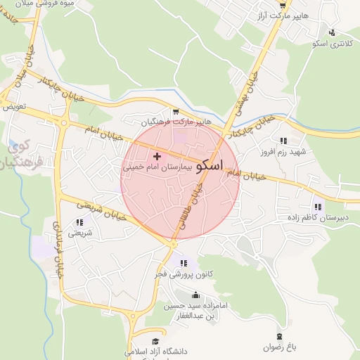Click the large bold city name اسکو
click(210, 166)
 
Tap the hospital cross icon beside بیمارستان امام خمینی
click(156, 155)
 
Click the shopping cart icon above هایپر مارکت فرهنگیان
click(174, 112)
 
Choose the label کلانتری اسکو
click(333, 44)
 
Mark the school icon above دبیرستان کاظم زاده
click(319, 207)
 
